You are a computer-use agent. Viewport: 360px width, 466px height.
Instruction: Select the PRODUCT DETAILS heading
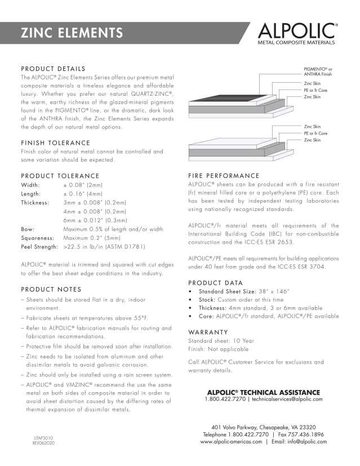(x=53, y=69)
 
